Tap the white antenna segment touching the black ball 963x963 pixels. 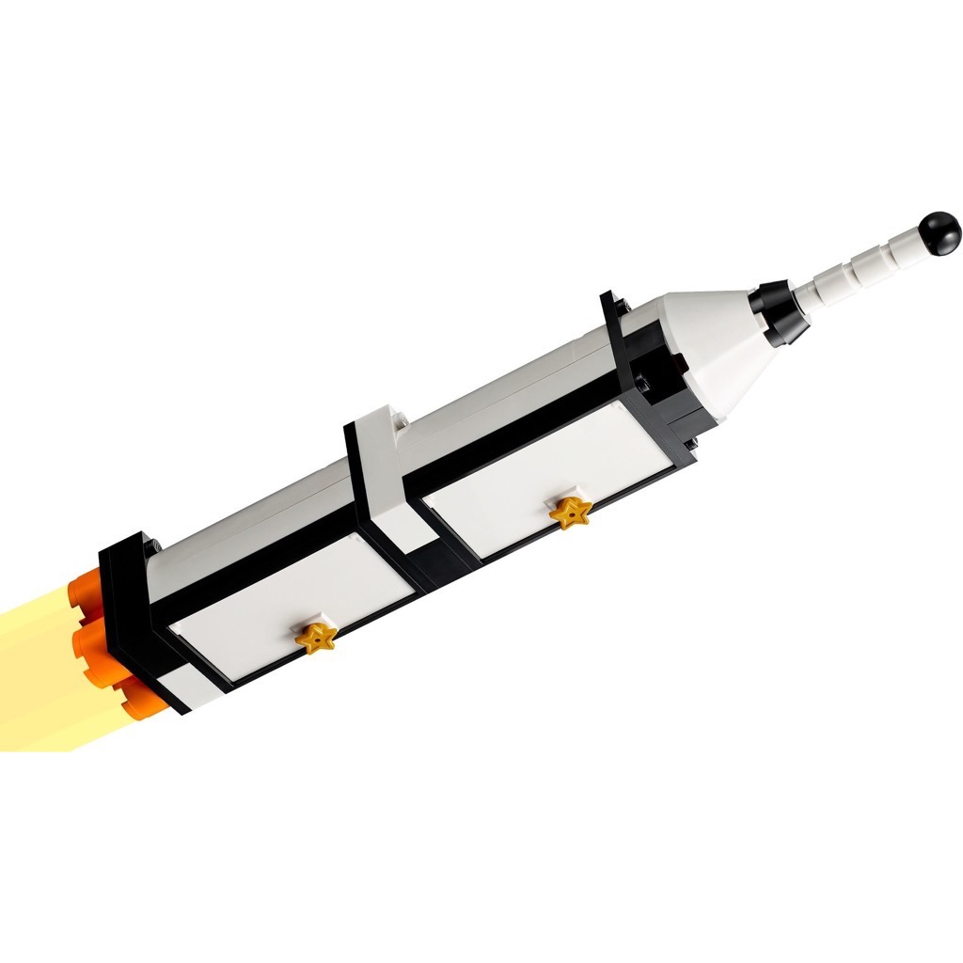point(905,247)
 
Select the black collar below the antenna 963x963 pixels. point(779,311)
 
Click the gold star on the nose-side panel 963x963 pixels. point(570,513)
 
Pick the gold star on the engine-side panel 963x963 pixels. point(318,637)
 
